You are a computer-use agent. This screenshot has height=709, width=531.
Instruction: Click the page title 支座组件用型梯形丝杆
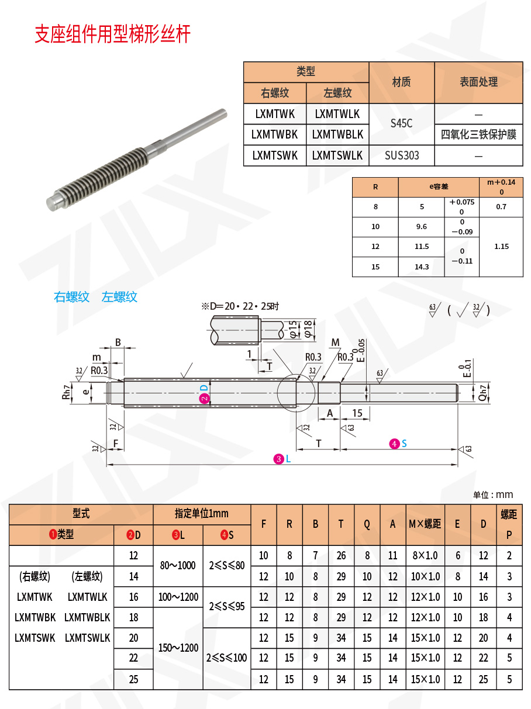113,34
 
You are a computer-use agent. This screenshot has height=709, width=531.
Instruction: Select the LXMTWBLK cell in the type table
337,134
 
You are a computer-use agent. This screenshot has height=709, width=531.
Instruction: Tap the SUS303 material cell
402,156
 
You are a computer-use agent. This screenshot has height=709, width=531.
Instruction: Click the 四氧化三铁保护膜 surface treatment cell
478,135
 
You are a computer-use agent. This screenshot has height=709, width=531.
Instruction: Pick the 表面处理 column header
478,82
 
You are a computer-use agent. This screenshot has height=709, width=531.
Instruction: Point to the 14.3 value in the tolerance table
421,267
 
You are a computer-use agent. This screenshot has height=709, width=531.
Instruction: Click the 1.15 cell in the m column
501,247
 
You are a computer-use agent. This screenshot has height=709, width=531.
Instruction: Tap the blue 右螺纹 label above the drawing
71,297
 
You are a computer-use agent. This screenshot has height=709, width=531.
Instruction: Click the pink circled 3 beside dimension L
278,459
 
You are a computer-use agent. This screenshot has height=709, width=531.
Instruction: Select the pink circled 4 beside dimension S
395,444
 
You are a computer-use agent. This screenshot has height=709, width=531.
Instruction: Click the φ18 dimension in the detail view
308,330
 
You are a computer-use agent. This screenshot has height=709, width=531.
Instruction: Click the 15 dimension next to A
357,413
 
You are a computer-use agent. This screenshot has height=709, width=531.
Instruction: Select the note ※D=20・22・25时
240,306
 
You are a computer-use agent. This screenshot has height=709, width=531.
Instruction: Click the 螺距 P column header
509,524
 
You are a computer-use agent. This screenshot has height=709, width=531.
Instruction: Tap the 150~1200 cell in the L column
178,648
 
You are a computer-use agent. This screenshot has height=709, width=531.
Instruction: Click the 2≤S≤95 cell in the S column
226,607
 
